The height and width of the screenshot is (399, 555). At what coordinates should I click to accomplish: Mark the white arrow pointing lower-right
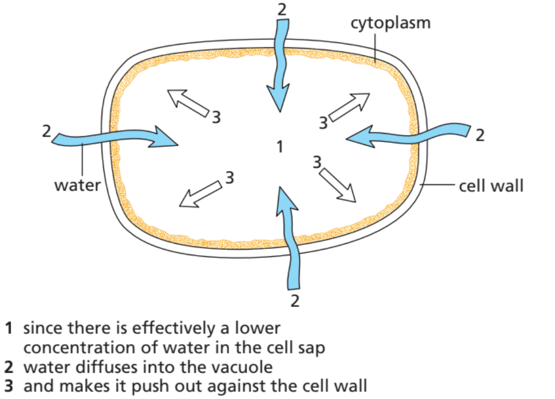point(337,184)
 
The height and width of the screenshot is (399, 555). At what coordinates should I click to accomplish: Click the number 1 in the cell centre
point(279,147)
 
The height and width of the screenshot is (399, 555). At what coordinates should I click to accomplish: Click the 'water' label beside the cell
point(77,185)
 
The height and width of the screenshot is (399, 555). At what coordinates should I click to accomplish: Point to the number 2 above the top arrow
point(281,9)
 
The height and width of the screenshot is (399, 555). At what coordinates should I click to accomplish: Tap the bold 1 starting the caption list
point(9,329)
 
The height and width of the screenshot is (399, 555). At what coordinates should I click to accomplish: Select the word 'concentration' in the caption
point(70,347)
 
